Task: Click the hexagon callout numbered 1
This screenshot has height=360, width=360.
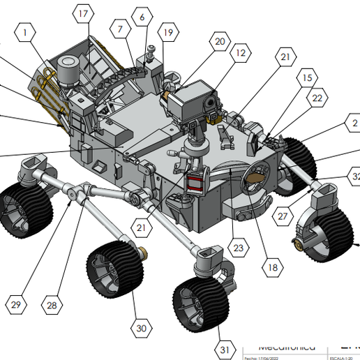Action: (27, 32)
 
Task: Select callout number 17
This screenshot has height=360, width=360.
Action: (83, 14)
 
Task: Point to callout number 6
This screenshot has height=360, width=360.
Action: (142, 17)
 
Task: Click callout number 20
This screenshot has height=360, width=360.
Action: (220, 42)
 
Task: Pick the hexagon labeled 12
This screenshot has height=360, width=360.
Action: (240, 52)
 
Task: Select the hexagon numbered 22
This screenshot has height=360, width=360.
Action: (317, 98)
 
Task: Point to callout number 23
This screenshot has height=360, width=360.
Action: (238, 246)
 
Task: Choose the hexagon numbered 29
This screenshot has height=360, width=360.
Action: (15, 303)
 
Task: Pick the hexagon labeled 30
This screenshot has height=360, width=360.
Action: (142, 327)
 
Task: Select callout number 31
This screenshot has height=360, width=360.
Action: (223, 349)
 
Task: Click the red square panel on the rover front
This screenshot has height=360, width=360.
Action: (195, 183)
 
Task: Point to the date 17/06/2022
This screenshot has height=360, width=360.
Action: (260, 357)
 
